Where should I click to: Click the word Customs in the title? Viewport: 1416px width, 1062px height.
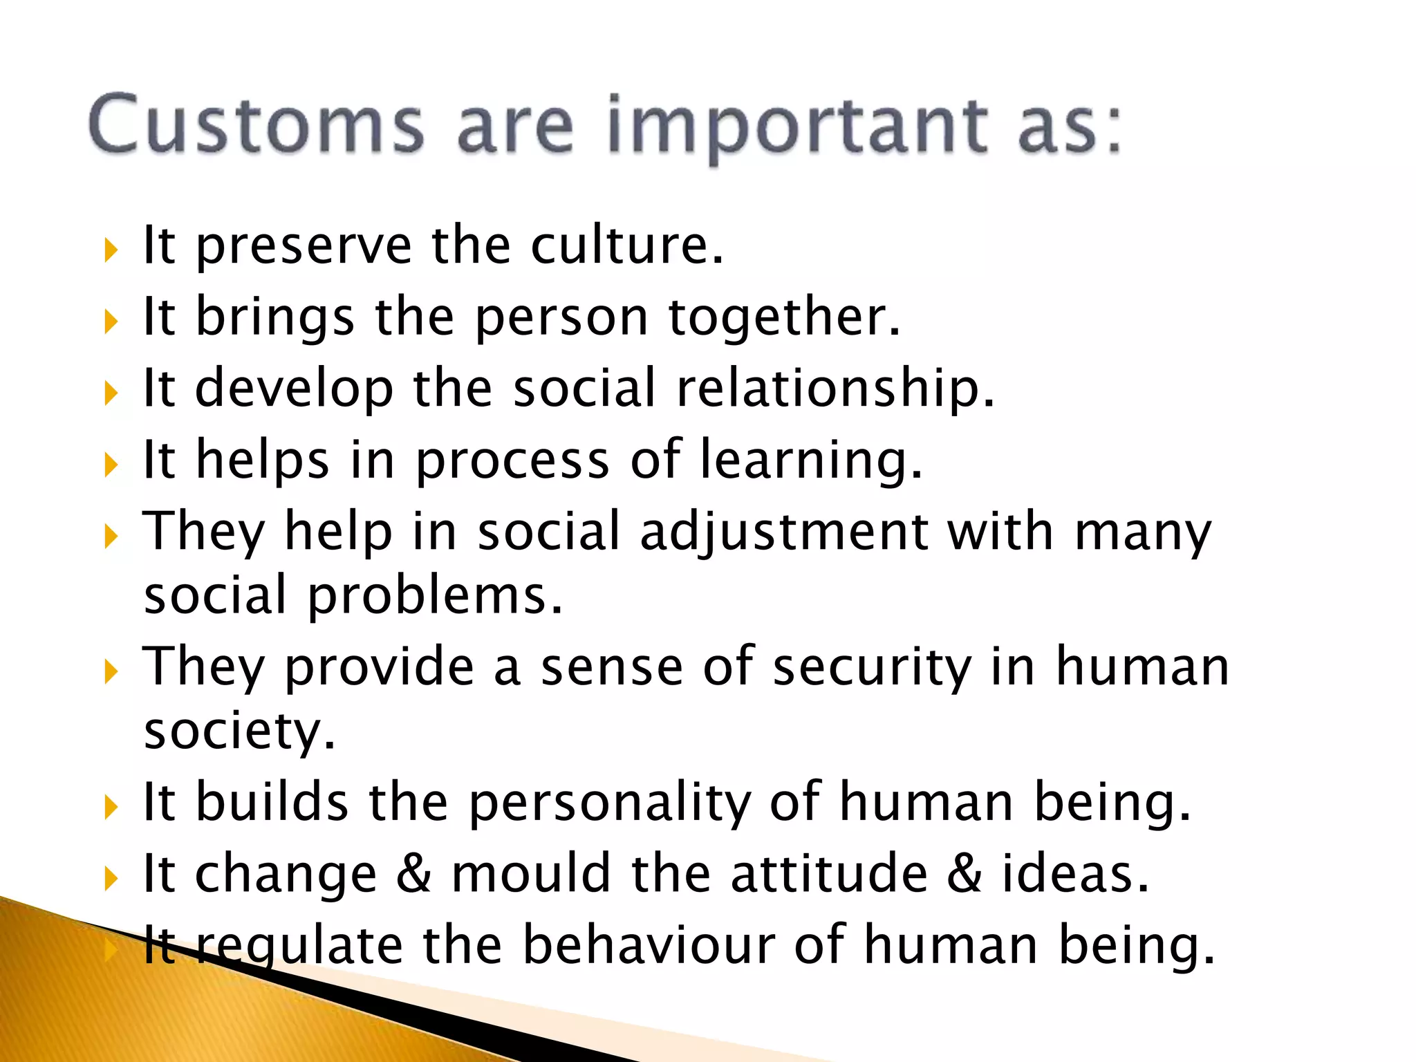(256, 124)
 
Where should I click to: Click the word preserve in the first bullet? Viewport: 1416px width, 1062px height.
(304, 247)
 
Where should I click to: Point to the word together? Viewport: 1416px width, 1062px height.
(784, 318)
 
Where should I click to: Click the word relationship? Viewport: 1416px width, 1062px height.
(835, 389)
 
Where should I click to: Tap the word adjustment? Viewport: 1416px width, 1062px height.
(784, 532)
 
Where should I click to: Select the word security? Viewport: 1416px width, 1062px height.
(872, 668)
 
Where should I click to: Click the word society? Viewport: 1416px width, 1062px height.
(239, 732)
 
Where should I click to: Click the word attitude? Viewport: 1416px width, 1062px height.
(829, 874)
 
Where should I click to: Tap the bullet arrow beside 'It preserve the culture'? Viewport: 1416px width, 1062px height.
(111, 250)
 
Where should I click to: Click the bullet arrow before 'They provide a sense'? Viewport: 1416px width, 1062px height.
(111, 671)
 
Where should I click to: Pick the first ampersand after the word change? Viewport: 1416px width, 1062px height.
(413, 874)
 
